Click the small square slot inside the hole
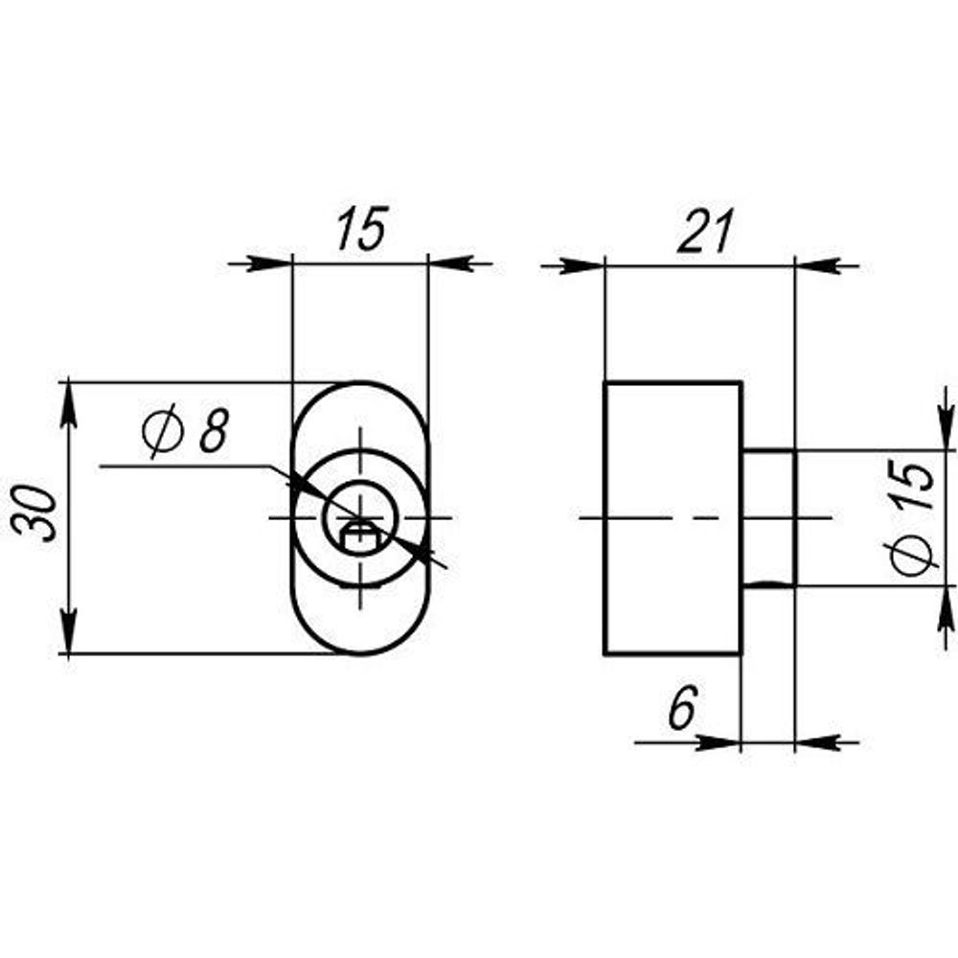pos(359,536)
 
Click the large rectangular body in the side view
pos(673,517)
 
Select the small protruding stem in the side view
pos(769,517)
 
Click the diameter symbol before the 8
pos(162,432)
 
